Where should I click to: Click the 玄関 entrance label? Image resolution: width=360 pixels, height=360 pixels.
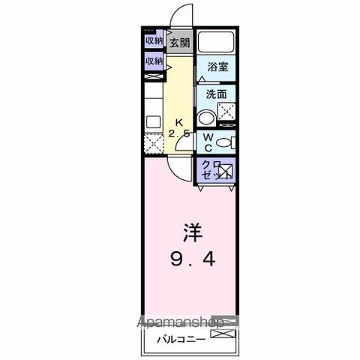pos(178,43)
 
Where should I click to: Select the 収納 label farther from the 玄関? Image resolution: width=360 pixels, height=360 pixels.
pos(154,61)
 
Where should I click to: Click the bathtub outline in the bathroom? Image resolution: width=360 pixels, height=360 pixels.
pos(217,43)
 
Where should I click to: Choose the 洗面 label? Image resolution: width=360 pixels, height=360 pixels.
pos(217,94)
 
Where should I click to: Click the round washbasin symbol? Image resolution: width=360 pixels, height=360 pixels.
pos(205,117)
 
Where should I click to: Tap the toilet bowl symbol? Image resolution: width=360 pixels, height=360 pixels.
pos(226,142)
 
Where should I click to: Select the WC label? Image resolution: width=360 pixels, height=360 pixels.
pos(208,142)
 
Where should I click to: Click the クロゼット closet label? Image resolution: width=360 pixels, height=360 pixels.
pos(208,169)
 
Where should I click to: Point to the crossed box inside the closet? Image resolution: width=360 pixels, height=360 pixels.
pos(226,170)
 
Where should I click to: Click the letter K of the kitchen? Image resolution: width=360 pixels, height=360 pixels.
pos(179,122)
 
